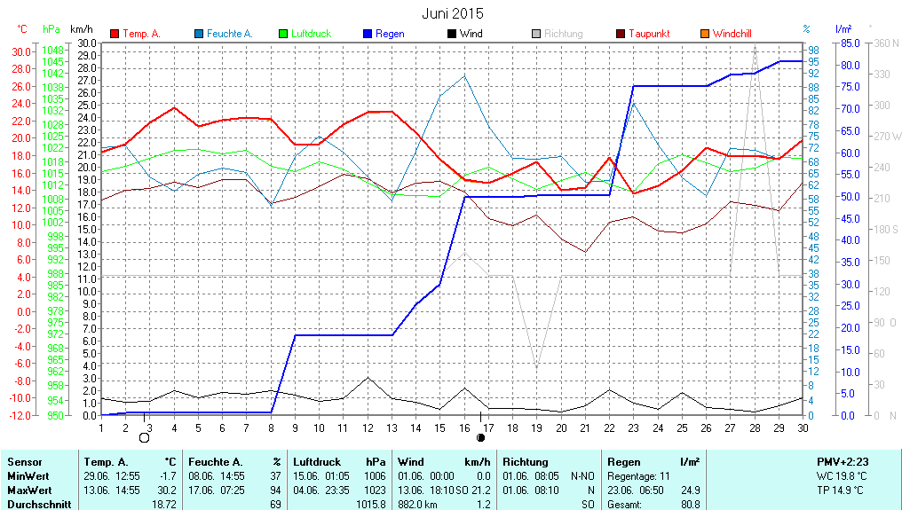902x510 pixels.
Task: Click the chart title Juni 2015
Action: tap(453, 13)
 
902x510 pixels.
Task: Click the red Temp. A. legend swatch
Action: tap(115, 34)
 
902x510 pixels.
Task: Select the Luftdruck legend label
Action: tap(311, 34)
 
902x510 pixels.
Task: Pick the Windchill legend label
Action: tap(732, 34)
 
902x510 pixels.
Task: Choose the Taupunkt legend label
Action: tap(649, 34)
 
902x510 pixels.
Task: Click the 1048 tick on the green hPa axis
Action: tap(52, 51)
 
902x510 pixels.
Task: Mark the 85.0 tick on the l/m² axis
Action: tap(849, 43)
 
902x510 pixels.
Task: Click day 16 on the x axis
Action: tap(463, 428)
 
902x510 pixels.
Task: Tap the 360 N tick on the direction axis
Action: tap(888, 43)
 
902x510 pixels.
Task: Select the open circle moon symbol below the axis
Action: tap(145, 437)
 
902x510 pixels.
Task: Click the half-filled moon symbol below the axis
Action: tap(481, 437)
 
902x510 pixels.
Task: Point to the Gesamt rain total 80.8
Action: tap(690, 505)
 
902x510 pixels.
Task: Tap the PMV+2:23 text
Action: tap(843, 462)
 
